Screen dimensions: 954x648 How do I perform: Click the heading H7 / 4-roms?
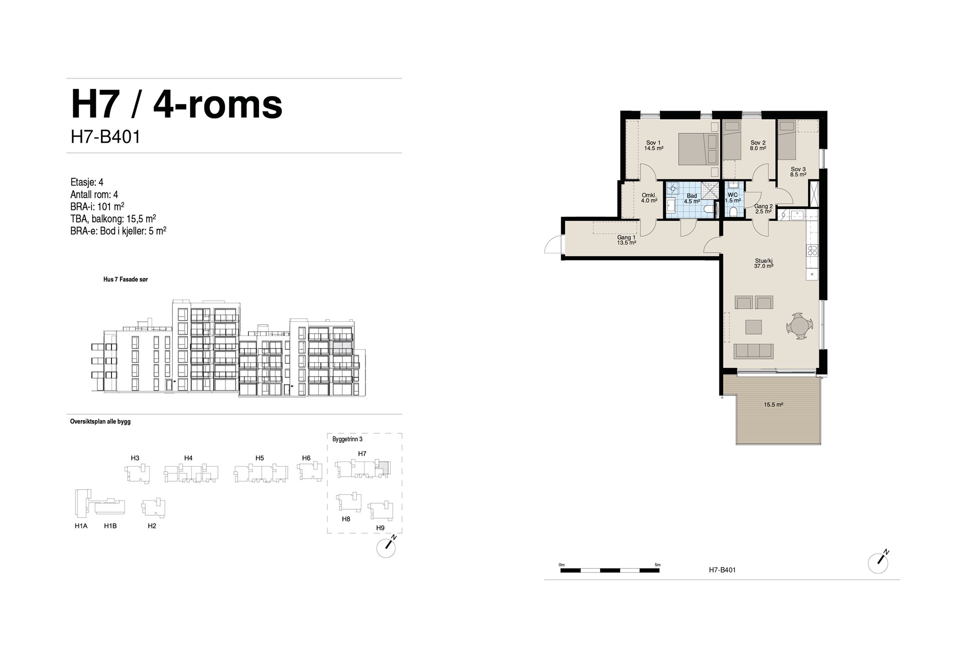click(x=177, y=105)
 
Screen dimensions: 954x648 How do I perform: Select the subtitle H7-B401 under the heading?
click(x=105, y=137)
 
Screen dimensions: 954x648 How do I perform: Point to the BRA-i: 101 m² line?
click(x=97, y=207)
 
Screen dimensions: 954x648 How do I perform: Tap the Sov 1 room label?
click(x=654, y=146)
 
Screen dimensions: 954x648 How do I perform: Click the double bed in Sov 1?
click(x=698, y=149)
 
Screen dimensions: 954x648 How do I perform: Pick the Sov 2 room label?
click(x=758, y=146)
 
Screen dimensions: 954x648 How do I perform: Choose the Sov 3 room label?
click(x=798, y=172)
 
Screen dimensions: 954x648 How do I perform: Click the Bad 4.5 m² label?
click(x=692, y=199)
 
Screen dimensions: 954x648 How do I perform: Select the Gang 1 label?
click(x=627, y=240)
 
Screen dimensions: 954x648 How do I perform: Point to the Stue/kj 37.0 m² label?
click(x=764, y=263)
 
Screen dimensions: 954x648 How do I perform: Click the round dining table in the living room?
click(x=798, y=327)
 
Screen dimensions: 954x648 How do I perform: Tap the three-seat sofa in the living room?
click(x=753, y=351)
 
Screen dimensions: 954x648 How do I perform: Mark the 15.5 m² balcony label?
click(x=774, y=405)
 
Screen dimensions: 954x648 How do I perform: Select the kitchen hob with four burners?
click(x=812, y=250)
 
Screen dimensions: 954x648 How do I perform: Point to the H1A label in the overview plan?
click(x=81, y=526)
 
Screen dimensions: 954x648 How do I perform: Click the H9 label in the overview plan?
click(x=380, y=528)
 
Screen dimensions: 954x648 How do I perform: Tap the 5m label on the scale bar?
click(x=658, y=565)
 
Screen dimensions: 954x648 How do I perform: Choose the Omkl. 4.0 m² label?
click(x=649, y=198)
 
